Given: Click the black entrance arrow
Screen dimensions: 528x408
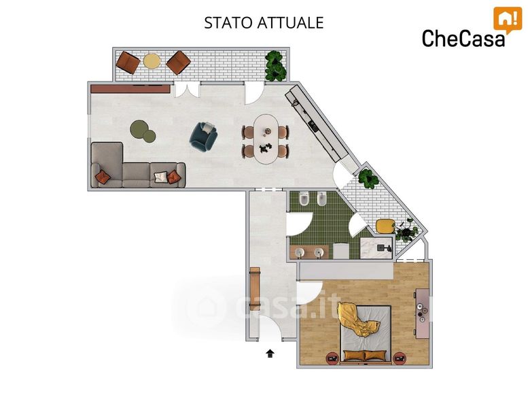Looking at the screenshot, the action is coord(270,353).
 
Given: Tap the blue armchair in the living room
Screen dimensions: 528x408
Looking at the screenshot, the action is coord(203,137).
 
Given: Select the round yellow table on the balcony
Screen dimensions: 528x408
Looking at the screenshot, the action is coord(152,61).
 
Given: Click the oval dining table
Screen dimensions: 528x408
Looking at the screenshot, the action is coord(265,139).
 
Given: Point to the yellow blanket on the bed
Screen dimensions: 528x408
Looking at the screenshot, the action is coord(357,320).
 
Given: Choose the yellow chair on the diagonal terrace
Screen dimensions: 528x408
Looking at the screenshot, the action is coord(385,226).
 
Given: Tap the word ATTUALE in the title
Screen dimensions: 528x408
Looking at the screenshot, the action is coord(291,23).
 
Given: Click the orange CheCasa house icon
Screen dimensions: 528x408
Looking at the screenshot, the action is coord(508,20).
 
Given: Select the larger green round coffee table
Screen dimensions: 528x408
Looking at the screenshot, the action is coord(139,129).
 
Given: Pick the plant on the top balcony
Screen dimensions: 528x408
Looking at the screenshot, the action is coord(275,66).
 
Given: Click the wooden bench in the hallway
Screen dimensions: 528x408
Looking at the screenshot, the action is coord(255,288).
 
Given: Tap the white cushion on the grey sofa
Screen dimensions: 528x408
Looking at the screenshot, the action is coord(160,177).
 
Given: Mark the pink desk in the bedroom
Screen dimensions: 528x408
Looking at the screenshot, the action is coord(422,313).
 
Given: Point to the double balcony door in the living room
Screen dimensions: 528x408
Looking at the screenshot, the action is coord(187,90).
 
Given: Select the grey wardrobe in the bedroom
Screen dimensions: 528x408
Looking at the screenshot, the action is coord(346,271).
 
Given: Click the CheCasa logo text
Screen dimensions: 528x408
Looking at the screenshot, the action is coord(463,38).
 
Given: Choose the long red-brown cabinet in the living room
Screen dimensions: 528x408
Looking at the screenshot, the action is coord(130,89).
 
